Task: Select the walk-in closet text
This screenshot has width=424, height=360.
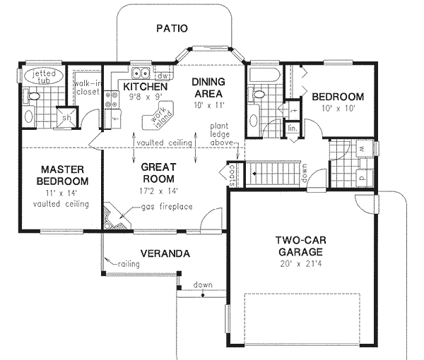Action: click(88, 88)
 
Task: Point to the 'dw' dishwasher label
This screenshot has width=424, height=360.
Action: click(162, 75)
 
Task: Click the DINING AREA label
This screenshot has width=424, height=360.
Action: click(208, 88)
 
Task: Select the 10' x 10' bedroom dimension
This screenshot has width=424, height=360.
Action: click(338, 110)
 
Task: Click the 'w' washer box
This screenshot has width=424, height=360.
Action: click(363, 150)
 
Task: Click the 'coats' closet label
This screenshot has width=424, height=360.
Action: click(232, 172)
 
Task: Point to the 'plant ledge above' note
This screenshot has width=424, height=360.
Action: click(223, 134)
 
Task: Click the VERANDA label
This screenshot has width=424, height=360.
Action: click(163, 252)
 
